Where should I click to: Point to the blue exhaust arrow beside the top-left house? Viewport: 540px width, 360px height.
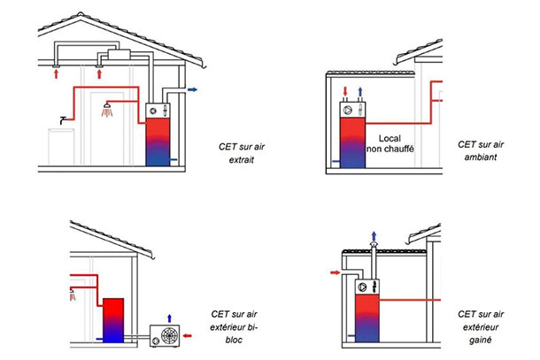point(192,89)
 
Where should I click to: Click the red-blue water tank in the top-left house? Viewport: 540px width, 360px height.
point(159,142)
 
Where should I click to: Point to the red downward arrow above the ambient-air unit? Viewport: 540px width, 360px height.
point(344,92)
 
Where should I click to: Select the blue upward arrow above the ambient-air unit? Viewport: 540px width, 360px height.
point(360,92)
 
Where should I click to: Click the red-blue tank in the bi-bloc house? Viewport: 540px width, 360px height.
point(112,320)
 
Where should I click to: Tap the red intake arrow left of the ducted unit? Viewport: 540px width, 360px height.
point(334,272)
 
